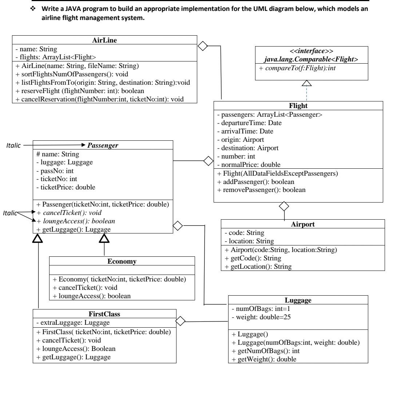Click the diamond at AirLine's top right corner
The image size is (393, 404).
pyautogui.click(x=202, y=46)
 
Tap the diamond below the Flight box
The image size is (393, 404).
pyautogui.click(x=283, y=207)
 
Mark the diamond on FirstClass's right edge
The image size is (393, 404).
pyautogui.click(x=181, y=321)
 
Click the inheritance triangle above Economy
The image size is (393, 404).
pyautogui.click(x=104, y=238)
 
